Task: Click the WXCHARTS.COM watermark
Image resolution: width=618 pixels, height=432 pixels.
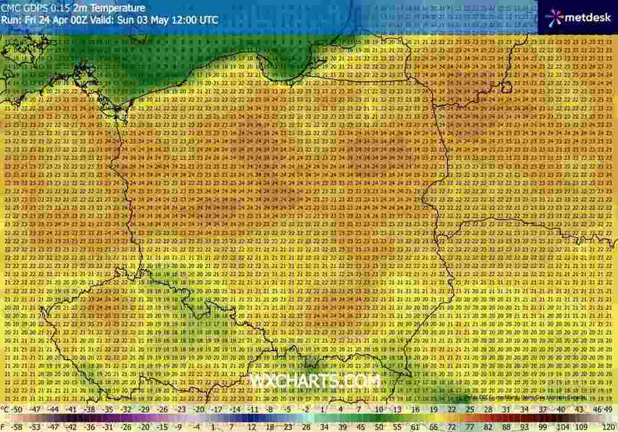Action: pos(315,382)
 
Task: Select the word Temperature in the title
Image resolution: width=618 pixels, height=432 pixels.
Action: pos(117,9)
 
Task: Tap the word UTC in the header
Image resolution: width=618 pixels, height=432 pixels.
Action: pos(209,20)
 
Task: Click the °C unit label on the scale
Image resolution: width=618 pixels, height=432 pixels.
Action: pos(5,409)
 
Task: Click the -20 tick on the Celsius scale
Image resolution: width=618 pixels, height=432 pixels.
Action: pos(198,409)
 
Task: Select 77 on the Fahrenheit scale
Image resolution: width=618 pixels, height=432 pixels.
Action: pos(470,426)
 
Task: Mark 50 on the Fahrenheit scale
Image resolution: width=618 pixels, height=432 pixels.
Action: pos(361,426)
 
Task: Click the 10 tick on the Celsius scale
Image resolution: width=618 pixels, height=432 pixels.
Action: pos(379,409)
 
